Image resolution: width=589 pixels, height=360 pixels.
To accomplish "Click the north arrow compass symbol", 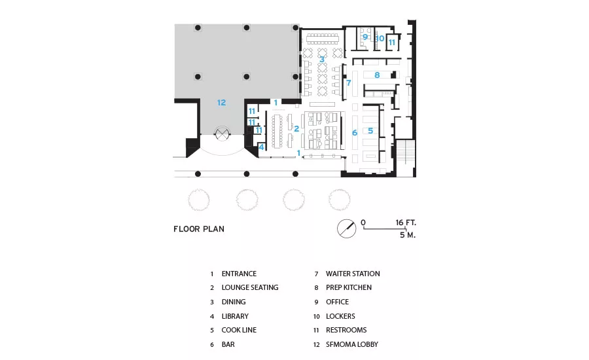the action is pos(346,228).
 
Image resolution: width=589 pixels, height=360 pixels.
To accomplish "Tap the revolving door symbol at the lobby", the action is pos(222,134).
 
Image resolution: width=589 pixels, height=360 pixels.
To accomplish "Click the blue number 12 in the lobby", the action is pos(221,102).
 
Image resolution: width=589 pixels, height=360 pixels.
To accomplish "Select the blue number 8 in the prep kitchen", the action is pos(377,75).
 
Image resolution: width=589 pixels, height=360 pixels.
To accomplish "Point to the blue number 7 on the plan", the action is pos(349,82).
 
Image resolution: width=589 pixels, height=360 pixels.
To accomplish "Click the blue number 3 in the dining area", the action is pos(322,60).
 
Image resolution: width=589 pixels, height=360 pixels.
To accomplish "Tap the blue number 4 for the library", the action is pos(261,147).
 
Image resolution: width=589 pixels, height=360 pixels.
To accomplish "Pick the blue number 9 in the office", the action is pos(365,37).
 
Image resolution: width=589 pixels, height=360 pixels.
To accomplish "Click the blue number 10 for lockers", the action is pos(380,39).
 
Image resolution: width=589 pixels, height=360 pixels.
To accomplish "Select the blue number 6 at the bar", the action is pos(355,133).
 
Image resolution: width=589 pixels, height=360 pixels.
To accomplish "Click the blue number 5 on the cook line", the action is pos(370,130).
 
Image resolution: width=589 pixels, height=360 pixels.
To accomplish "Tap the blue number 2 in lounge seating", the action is pos(296,129).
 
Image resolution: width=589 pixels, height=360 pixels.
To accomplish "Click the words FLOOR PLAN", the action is pos(199,229).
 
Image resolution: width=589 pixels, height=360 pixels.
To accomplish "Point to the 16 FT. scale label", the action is pos(406,223).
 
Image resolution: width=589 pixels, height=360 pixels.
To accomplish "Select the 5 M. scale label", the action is pos(408,235).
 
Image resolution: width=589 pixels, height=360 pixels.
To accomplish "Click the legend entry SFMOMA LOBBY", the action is pos(352,344).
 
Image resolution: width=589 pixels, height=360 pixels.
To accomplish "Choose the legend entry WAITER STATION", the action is pos(353,274).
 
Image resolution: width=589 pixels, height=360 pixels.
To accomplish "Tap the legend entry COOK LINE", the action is pos(239,330).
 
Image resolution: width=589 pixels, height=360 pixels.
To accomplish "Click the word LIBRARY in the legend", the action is pos(235,316).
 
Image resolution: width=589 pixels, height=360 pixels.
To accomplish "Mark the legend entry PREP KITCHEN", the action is pos(349,287).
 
